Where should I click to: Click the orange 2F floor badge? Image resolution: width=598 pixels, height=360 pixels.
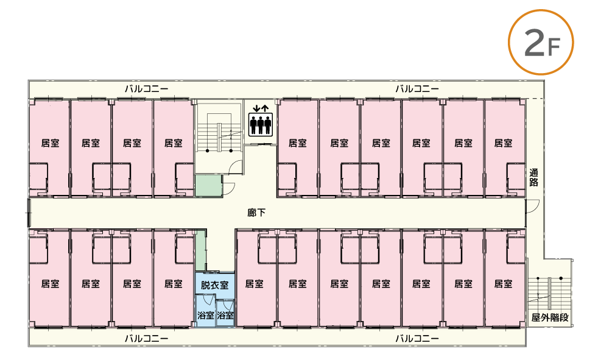pyautogui.click(x=541, y=41)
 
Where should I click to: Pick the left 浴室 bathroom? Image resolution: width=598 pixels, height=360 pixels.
pyautogui.click(x=205, y=316)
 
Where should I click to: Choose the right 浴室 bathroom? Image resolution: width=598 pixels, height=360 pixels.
pyautogui.click(x=225, y=316)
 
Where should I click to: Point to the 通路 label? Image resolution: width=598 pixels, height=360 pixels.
pyautogui.click(x=533, y=177)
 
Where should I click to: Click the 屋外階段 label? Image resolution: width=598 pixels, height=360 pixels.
pyautogui.click(x=550, y=318)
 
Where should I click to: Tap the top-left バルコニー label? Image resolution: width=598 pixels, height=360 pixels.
pyautogui.click(x=146, y=88)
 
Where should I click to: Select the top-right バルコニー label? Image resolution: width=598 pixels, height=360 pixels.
pyautogui.click(x=417, y=88)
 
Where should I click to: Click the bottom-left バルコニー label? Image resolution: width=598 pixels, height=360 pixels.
pyautogui.click(x=146, y=337)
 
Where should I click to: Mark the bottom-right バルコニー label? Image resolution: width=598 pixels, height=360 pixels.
pyautogui.click(x=417, y=337)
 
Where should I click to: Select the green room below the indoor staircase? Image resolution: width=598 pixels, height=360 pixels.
pyautogui.click(x=208, y=185)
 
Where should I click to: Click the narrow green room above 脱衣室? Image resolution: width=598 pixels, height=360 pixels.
pyautogui.click(x=200, y=250)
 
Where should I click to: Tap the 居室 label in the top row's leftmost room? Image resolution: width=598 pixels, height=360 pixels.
pyautogui.click(x=50, y=144)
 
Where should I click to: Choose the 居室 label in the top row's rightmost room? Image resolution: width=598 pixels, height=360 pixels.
pyautogui.click(x=503, y=144)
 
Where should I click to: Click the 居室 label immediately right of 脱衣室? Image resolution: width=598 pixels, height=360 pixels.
pyautogui.click(x=254, y=284)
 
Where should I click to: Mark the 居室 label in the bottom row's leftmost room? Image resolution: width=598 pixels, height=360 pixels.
pyautogui.click(x=50, y=284)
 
